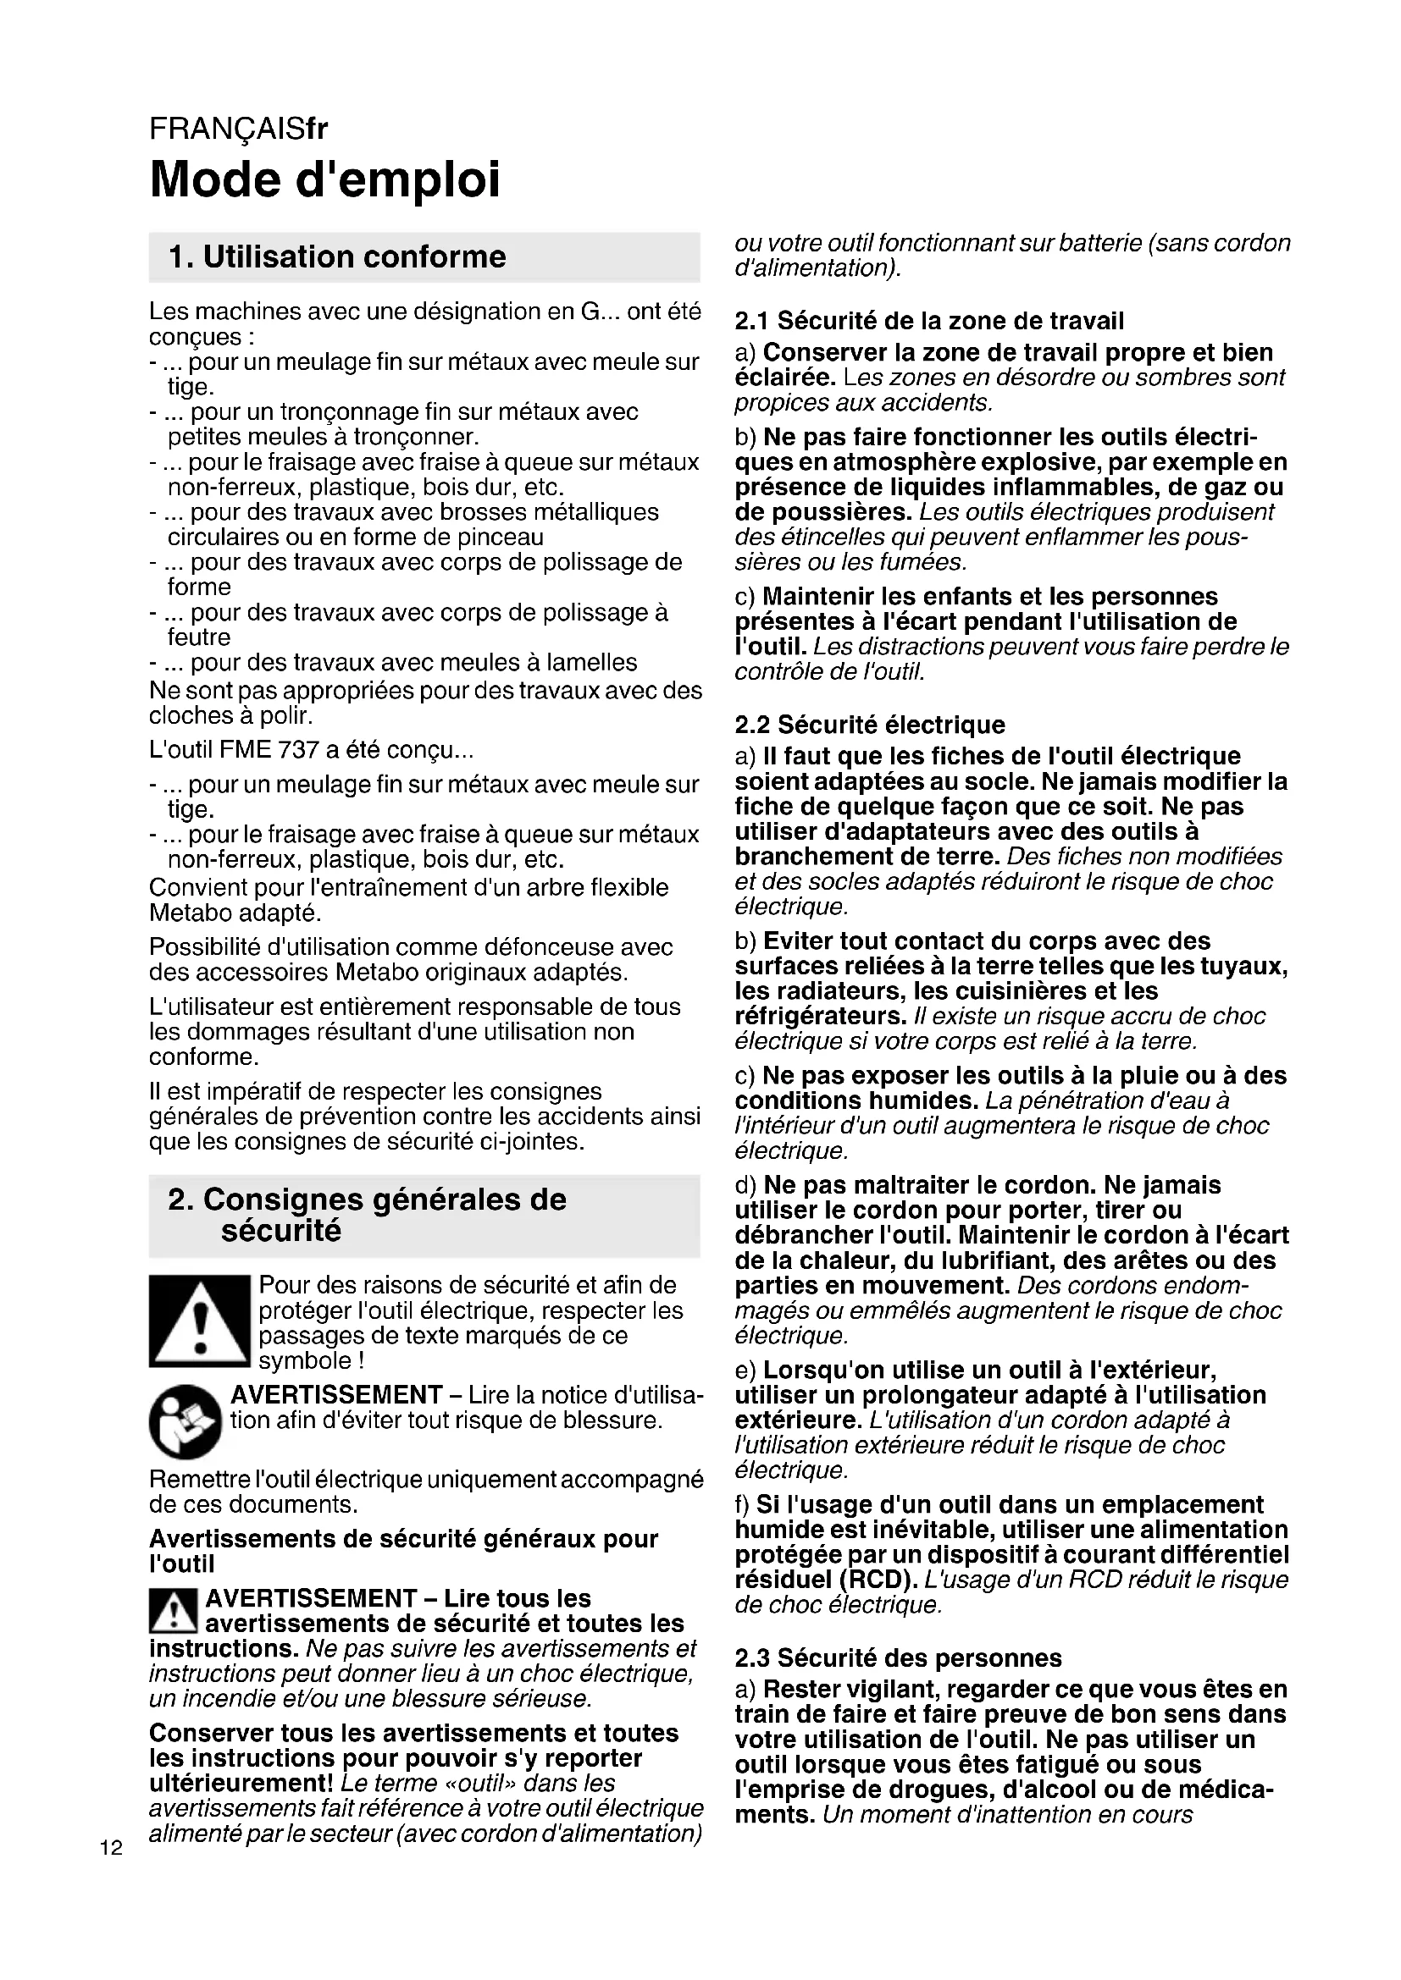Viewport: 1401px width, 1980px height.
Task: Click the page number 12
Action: (111, 1848)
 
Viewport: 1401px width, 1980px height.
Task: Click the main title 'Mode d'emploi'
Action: (324, 179)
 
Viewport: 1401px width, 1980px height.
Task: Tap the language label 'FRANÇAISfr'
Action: (238, 130)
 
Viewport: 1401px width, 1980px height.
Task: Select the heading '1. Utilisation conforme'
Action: (337, 257)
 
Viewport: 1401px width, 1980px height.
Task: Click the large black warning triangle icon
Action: (199, 1321)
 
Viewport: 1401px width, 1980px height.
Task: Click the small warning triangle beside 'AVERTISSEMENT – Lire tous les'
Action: (174, 1611)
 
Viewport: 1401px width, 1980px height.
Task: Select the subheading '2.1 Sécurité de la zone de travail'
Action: (929, 322)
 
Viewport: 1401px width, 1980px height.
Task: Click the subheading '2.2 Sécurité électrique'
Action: (870, 725)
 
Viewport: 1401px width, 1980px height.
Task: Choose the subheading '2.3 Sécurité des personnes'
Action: (898, 1658)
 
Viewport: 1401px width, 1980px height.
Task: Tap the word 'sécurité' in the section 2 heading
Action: (281, 1231)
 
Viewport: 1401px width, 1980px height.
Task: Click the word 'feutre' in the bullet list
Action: (199, 637)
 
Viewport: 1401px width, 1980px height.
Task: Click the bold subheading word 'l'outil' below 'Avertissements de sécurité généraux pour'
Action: (182, 1564)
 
